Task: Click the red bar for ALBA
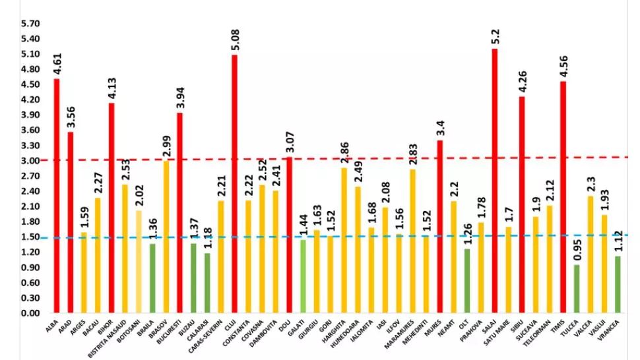pyautogui.click(x=57, y=198)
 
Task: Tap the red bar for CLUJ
pyautogui.click(x=234, y=185)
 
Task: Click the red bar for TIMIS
pyautogui.click(x=563, y=198)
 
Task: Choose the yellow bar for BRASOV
pyautogui.click(x=166, y=237)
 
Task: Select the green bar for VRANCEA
pyautogui.click(x=618, y=284)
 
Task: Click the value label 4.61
pyautogui.click(x=57, y=63)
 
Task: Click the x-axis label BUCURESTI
pyautogui.click(x=168, y=333)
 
